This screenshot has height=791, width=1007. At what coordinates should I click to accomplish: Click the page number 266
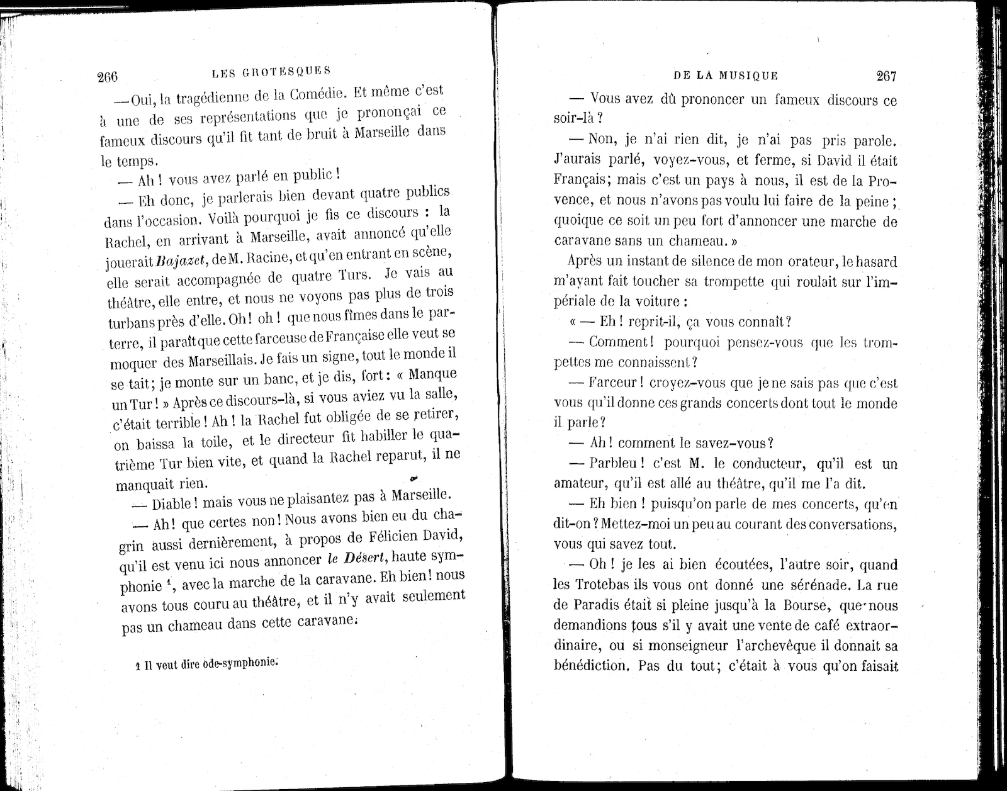[108, 77]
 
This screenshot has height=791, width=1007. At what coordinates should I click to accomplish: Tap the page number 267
[886, 76]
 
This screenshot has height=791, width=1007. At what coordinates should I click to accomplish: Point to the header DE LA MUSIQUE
[726, 76]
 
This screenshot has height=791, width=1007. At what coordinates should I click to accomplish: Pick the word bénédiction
[591, 666]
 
